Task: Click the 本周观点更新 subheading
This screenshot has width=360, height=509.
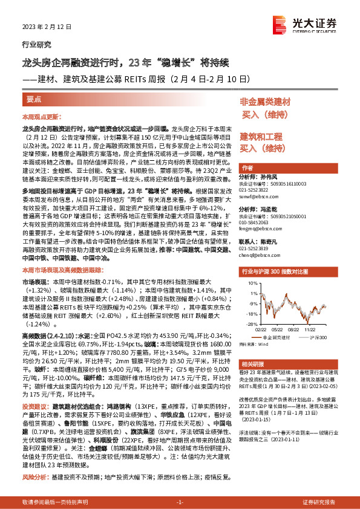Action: tap(41, 116)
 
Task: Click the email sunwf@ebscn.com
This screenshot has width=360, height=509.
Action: tap(257, 196)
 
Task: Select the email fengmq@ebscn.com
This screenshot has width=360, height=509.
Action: tap(258, 230)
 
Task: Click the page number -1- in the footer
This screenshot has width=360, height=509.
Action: tap(180, 502)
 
